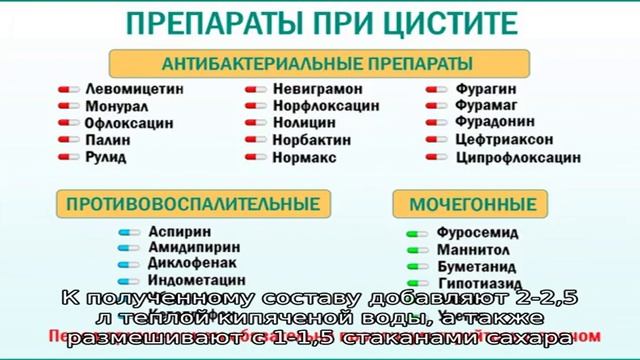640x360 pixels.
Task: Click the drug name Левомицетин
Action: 136,88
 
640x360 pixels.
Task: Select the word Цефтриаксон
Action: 501,141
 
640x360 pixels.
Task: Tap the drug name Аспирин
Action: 173,230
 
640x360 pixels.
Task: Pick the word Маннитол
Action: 472,250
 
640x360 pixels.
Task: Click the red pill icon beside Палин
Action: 67,141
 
